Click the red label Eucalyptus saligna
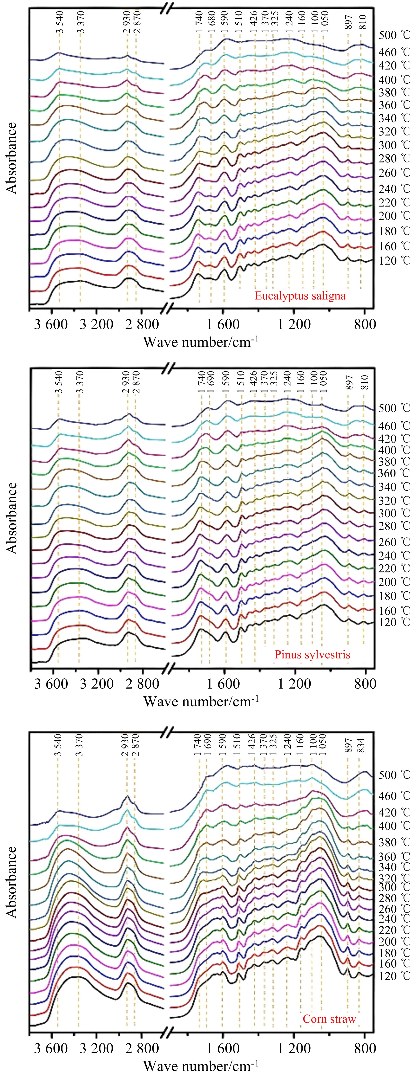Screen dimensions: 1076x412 (300, 296)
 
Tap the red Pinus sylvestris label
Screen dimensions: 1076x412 (312, 654)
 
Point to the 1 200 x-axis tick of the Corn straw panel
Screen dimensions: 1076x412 (294, 1049)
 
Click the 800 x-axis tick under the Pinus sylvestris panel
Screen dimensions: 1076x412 (365, 684)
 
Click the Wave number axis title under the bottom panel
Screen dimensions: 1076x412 (201, 1066)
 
